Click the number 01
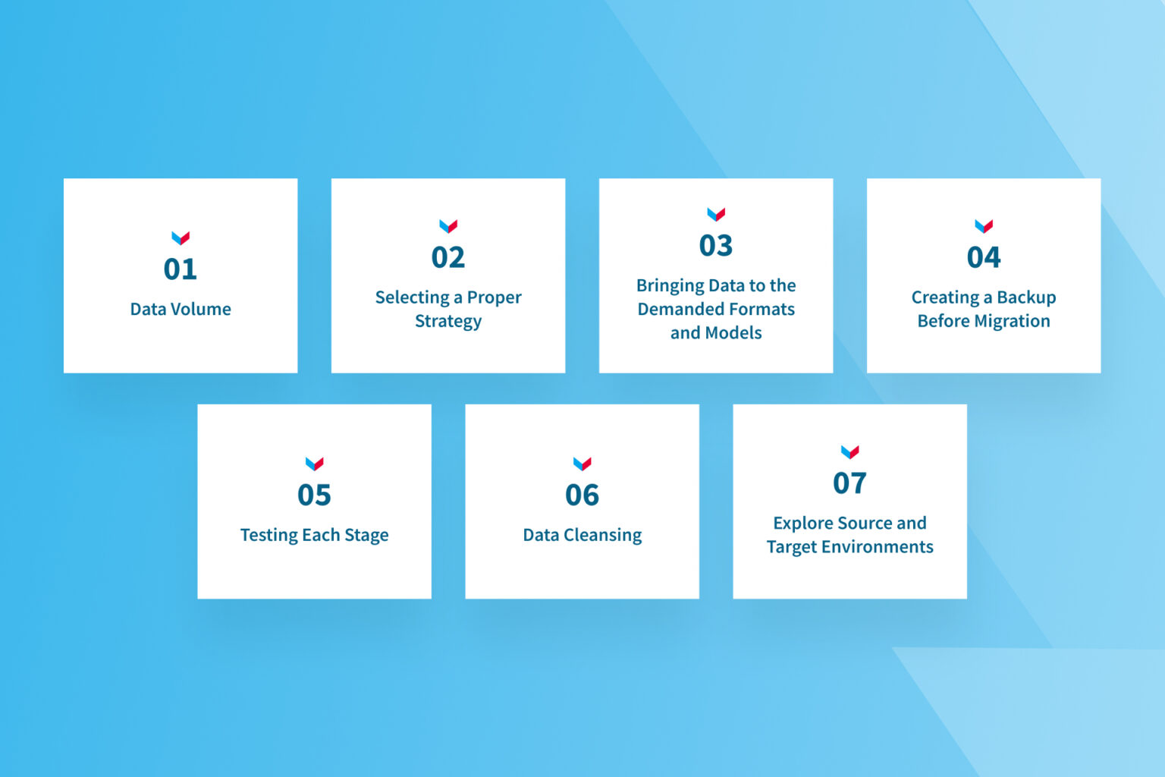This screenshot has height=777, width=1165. pyautogui.click(x=181, y=269)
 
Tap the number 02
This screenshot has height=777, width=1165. pyautogui.click(x=448, y=258)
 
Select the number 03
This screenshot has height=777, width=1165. pyautogui.click(x=716, y=246)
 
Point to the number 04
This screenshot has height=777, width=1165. pyautogui.click(x=984, y=258)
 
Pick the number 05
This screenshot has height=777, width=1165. pyautogui.click(x=314, y=495)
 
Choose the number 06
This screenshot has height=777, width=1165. pyautogui.click(x=582, y=495)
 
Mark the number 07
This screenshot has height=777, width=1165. pyautogui.click(x=849, y=483)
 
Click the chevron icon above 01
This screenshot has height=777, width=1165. pyautogui.click(x=181, y=238)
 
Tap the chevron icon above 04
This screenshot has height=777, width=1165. pyautogui.click(x=984, y=226)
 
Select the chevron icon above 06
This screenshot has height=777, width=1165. pyautogui.click(x=582, y=464)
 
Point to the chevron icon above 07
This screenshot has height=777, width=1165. pyautogui.click(x=849, y=452)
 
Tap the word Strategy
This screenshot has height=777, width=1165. pyautogui.click(x=448, y=322)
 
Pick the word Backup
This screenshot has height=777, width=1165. pyautogui.click(x=1026, y=297)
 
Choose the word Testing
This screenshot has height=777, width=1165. pyautogui.click(x=268, y=536)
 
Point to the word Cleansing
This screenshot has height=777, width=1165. pyautogui.click(x=602, y=536)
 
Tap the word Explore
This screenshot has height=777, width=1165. pyautogui.click(x=803, y=524)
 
